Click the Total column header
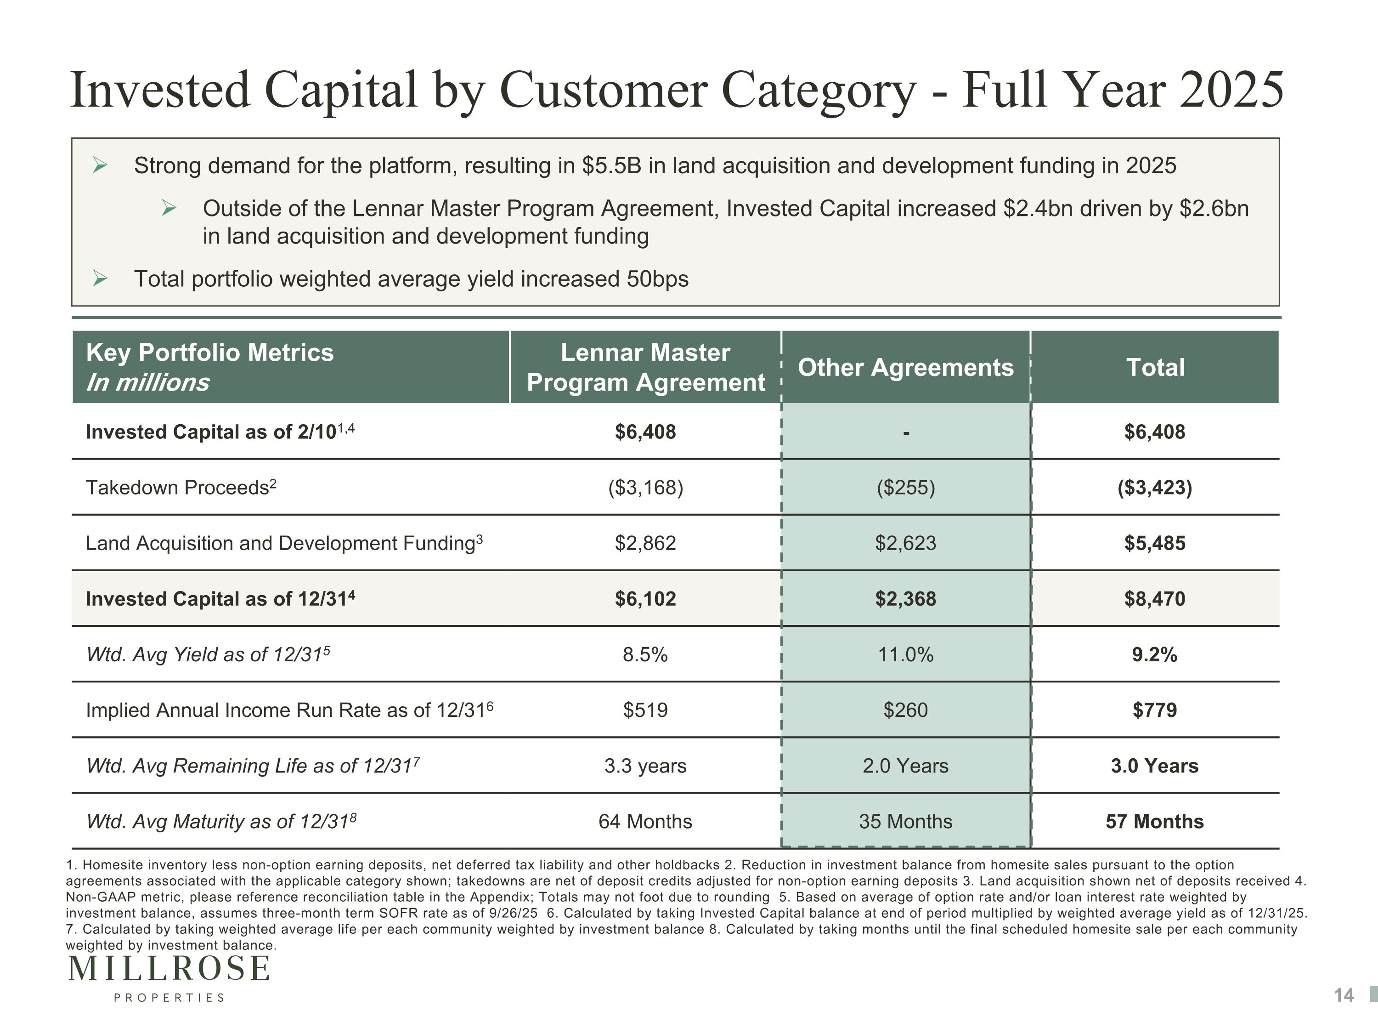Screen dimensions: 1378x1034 (x=1155, y=367)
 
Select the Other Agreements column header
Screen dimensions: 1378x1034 (x=906, y=367)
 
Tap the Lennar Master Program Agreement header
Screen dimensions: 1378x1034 (x=645, y=367)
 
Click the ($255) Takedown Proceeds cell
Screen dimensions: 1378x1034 (x=906, y=488)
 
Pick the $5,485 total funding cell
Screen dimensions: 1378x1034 (x=1154, y=543)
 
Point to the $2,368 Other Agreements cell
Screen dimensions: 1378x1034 (x=906, y=598)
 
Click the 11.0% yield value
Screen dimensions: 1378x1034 (x=906, y=654)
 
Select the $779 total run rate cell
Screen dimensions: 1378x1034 (x=1154, y=710)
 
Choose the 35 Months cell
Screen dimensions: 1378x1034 (x=906, y=822)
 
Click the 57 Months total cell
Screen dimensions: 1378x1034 (x=1154, y=822)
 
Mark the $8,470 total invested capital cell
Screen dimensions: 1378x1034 (x=1154, y=598)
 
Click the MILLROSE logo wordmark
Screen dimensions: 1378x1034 (x=169, y=969)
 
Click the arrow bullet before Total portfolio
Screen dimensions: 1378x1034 (x=100, y=278)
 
